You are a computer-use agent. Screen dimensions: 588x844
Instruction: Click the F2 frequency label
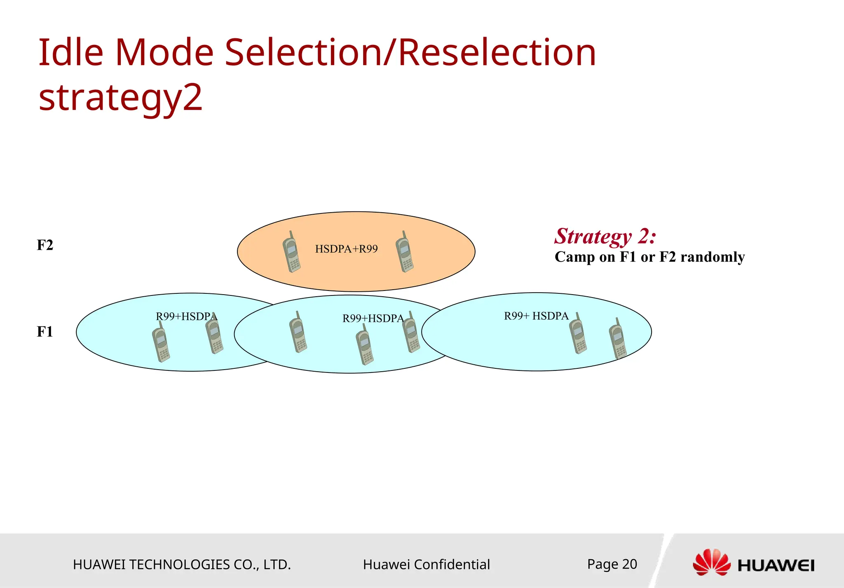tap(45, 245)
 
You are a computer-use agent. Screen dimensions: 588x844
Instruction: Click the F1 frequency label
tap(45, 332)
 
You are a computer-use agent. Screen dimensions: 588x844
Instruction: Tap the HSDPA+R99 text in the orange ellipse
tap(346, 249)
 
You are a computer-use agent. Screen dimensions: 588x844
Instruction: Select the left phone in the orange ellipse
tap(291, 252)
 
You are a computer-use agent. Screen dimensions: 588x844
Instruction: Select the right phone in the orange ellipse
tap(405, 252)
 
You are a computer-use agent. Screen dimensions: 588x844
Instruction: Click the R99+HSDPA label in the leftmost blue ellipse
tap(186, 316)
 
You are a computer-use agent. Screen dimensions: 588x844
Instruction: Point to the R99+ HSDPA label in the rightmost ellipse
tap(536, 316)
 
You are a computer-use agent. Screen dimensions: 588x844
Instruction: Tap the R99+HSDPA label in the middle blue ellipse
tap(373, 318)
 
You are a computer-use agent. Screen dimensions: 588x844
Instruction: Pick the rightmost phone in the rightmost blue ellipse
tap(618, 339)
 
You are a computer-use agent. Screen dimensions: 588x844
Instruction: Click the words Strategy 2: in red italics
tap(605, 237)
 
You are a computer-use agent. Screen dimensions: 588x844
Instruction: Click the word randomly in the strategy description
tap(713, 257)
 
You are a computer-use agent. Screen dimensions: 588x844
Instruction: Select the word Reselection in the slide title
tap(497, 52)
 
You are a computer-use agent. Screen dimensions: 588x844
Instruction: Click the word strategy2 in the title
tap(120, 97)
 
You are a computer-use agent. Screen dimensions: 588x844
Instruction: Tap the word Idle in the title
tap(70, 52)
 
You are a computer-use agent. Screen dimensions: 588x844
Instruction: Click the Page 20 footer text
tap(612, 564)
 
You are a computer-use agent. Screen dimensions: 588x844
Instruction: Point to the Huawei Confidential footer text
tap(426, 565)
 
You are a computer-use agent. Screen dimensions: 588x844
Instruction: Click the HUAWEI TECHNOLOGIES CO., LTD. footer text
tap(182, 565)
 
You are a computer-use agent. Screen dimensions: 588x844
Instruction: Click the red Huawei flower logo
tap(711, 562)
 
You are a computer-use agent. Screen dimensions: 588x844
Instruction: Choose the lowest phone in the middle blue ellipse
tap(365, 345)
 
